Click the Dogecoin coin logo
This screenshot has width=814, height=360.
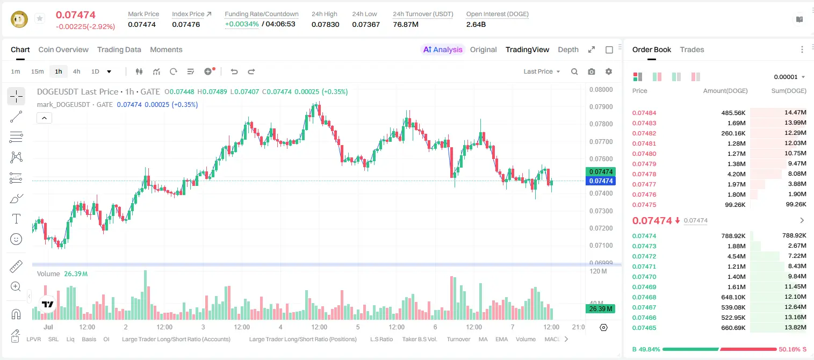(19, 19)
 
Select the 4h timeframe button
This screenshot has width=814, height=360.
(76, 71)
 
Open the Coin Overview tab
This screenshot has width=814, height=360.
(63, 49)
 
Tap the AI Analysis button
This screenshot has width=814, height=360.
(443, 49)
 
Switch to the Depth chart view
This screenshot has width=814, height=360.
(568, 49)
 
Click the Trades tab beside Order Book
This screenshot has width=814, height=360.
(692, 49)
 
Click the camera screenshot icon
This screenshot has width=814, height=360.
(592, 71)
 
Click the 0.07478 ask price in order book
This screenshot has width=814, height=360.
(644, 174)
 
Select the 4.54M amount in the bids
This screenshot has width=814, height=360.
(736, 256)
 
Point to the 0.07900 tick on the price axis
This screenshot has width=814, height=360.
(601, 107)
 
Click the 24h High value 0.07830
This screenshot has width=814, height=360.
(325, 24)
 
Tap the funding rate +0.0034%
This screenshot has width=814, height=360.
(242, 24)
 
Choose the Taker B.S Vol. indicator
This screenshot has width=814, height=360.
(419, 339)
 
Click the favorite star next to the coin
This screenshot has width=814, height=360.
(40, 18)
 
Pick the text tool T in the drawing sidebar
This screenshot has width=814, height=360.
(16, 219)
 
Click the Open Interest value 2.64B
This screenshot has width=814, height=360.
(476, 24)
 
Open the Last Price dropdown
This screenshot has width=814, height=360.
(542, 71)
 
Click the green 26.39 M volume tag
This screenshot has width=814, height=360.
(600, 309)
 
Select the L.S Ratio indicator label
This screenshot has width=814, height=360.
(381, 339)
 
